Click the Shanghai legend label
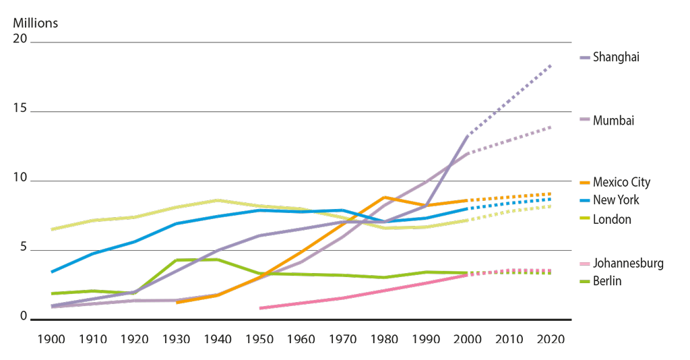tap(616, 57)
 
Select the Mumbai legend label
tap(614, 121)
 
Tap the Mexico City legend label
tap(622, 182)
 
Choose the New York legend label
tap(617, 200)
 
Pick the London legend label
tap(613, 219)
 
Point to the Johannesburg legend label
tap(628, 264)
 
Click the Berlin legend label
tap(607, 281)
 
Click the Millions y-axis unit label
tap(36, 24)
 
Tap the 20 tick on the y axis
tap(20, 39)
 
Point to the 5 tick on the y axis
tap(23, 248)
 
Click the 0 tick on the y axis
tap(23, 317)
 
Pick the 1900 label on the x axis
tap(51, 338)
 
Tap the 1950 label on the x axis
tap(259, 338)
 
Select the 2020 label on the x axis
tap(551, 338)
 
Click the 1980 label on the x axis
tap(384, 338)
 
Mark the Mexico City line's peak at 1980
tap(384, 197)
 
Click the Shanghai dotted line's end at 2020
tap(551, 65)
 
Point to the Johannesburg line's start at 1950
tap(260, 307)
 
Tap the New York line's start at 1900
tap(52, 272)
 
